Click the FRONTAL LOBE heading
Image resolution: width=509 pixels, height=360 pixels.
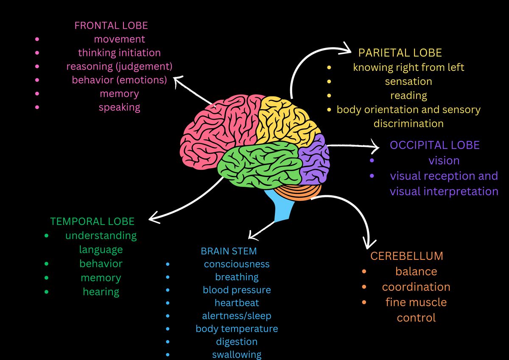pyautogui.click(x=111, y=25)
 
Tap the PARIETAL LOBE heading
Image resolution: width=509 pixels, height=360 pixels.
pyautogui.click(x=400, y=53)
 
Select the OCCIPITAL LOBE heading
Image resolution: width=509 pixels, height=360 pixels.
pyautogui.click(x=434, y=145)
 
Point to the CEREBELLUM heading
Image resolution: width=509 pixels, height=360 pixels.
pyautogui.click(x=406, y=256)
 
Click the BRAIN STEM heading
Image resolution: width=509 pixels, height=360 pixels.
pyautogui.click(x=229, y=251)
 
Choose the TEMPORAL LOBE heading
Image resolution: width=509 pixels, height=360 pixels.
pyautogui.click(x=92, y=221)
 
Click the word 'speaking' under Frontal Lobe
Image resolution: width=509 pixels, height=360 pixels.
pyautogui.click(x=119, y=107)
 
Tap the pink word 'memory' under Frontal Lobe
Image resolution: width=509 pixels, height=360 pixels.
pyautogui.click(x=119, y=93)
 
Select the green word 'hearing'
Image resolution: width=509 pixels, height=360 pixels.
pyautogui.click(x=101, y=292)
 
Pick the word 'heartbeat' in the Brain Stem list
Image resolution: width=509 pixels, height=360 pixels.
pyautogui.click(x=237, y=303)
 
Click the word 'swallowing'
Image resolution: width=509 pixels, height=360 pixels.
pyautogui.click(x=237, y=354)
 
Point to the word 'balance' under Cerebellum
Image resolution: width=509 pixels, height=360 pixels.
pyautogui.click(x=416, y=271)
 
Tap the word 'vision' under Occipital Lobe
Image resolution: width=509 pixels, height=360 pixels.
pyautogui.click(x=444, y=160)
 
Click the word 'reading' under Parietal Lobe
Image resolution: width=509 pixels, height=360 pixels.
pyautogui.click(x=408, y=96)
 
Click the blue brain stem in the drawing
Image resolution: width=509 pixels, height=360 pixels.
pyautogui.click(x=282, y=208)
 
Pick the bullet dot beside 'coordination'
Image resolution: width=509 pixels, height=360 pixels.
pyautogui.click(x=364, y=287)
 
